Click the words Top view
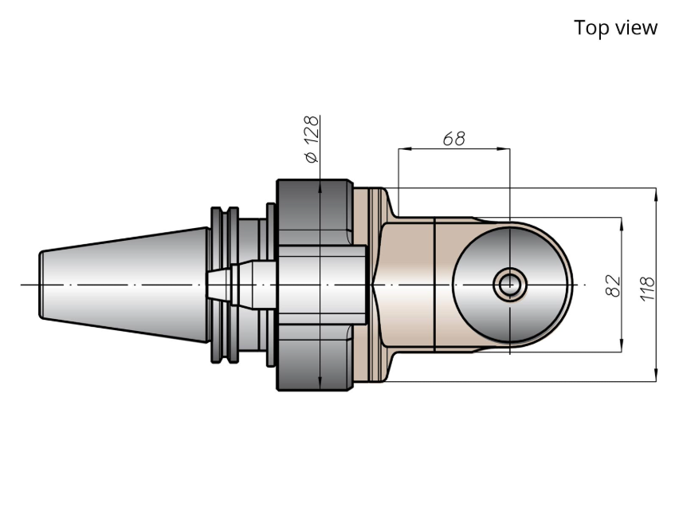pyautogui.click(x=615, y=28)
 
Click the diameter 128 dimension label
pyautogui.click(x=312, y=139)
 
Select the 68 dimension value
pyautogui.click(x=453, y=139)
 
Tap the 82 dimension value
pyautogui.click(x=613, y=286)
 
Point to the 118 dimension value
pyautogui.click(x=647, y=288)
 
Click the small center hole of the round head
pyautogui.click(x=510, y=285)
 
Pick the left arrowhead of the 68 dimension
pyautogui.click(x=405, y=148)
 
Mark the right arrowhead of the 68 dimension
pyautogui.click(x=504, y=148)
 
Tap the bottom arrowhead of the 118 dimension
pyautogui.click(x=656, y=376)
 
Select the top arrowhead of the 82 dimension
pyautogui.click(x=622, y=224)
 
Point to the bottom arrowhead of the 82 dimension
pyautogui.click(x=622, y=345)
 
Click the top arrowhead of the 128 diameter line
pyautogui.click(x=320, y=186)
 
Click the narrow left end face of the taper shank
pyautogui.click(x=41, y=285)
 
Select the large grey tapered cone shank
pyautogui.click(x=124, y=285)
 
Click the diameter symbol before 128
pyautogui.click(x=312, y=157)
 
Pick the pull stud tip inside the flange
pyautogui.click(x=219, y=285)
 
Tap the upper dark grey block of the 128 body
pyautogui.click(x=315, y=211)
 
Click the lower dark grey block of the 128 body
pyautogui.click(x=315, y=358)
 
